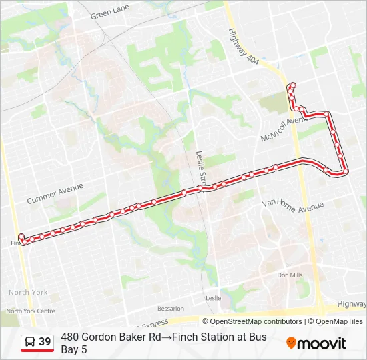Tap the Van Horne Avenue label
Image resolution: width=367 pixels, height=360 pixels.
coord(292,205)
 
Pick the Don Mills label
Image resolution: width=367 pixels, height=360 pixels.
coord(290,275)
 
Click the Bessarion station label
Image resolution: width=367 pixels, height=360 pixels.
coord(170,309)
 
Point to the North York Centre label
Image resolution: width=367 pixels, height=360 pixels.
coord(30,311)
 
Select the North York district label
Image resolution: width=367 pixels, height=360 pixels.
coord(29,292)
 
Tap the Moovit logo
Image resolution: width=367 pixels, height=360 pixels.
coord(316,343)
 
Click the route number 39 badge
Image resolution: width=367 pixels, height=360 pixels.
coord(45,342)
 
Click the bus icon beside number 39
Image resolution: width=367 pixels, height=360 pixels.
coord(30,342)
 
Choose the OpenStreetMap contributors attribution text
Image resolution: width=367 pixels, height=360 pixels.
coord(256,321)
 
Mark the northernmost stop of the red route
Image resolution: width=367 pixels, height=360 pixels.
coord(293,85)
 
